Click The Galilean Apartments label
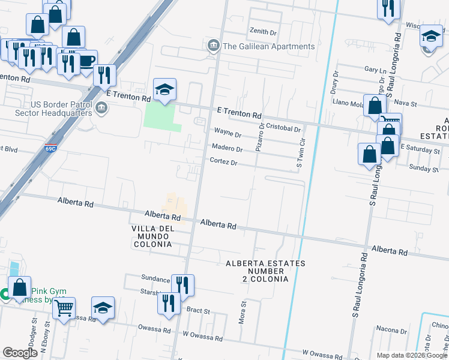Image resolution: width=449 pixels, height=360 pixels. click(x=268, y=46)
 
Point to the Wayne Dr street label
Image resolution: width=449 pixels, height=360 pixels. click(x=228, y=134)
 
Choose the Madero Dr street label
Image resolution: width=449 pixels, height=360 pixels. click(x=226, y=149)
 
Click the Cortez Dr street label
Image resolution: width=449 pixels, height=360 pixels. click(x=223, y=163)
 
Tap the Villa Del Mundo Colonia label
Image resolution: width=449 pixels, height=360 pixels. click(x=152, y=236)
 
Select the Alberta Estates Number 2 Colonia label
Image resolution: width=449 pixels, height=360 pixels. click(x=265, y=271)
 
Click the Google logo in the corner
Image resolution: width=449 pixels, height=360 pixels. click(x=20, y=353)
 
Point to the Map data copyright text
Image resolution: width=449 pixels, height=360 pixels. click(x=412, y=355)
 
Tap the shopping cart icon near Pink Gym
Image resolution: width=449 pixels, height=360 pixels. click(x=64, y=308)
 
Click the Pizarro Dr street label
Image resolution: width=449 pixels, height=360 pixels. click(x=261, y=137)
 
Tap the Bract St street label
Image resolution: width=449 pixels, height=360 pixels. click(x=197, y=311)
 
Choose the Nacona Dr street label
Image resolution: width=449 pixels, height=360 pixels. click(x=391, y=329)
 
